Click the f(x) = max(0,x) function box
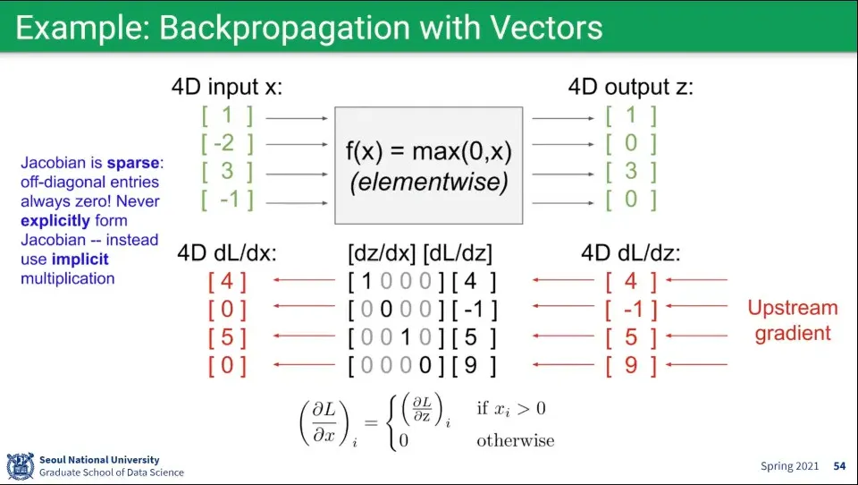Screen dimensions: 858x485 [428, 166]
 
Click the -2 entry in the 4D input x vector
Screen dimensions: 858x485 [227, 143]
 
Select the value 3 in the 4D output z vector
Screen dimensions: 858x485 [631, 171]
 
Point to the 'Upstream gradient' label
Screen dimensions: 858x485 [793, 320]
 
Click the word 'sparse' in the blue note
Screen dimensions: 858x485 [133, 164]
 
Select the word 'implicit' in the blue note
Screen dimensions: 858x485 [80, 260]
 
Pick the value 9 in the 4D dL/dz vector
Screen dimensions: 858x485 [631, 365]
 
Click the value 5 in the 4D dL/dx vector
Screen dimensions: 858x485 [227, 338]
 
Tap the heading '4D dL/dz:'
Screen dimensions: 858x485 [631, 254]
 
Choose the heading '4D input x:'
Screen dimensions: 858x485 [227, 88]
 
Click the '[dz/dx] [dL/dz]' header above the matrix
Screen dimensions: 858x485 [419, 254]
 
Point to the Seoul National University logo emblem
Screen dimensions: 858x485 [20, 466]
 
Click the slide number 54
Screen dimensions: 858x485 [839, 466]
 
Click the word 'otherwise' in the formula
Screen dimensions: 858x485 [515, 440]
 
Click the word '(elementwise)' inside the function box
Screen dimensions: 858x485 [428, 183]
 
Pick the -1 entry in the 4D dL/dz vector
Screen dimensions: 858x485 [631, 311]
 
